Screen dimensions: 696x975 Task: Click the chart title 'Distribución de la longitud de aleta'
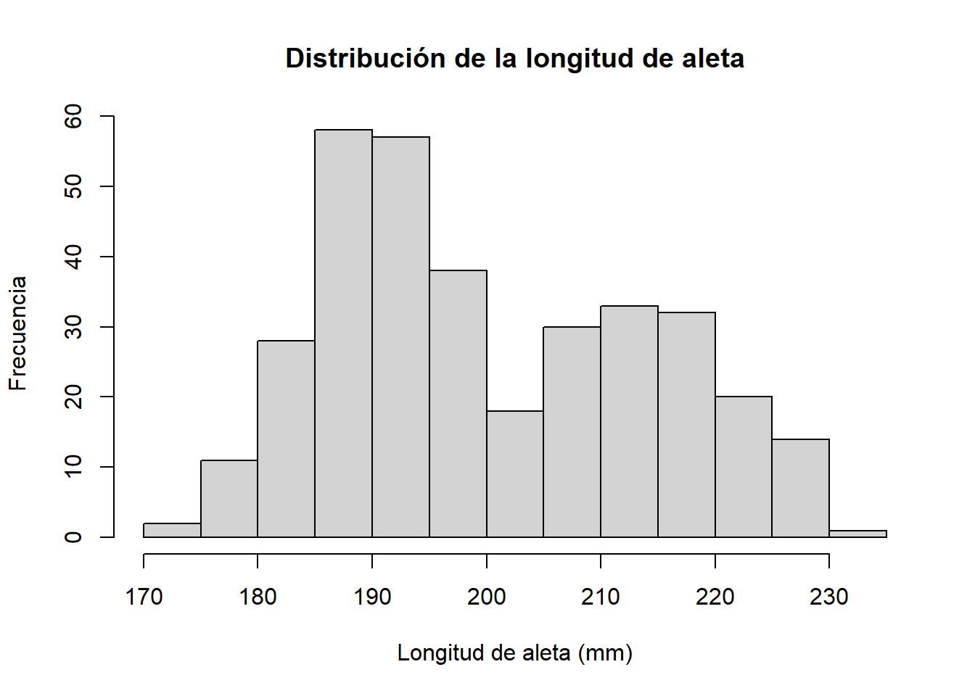point(514,59)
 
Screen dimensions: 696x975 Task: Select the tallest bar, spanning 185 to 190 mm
point(343,333)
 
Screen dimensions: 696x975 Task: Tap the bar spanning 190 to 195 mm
point(400,337)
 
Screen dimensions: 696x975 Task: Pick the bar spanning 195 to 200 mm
point(458,404)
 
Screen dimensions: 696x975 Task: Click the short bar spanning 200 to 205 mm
point(515,474)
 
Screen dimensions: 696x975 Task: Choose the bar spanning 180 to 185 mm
point(286,439)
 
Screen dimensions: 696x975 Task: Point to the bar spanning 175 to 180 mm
point(229,499)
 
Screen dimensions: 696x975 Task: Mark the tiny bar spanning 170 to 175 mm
point(172,530)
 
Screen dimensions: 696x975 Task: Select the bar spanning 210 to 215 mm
point(629,421)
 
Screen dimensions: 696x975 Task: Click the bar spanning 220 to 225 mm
point(744,467)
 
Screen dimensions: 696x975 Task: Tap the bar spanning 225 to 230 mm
point(800,488)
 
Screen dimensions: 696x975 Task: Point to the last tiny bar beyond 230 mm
point(857,534)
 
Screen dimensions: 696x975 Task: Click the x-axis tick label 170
point(144,597)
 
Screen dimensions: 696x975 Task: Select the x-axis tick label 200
point(486,597)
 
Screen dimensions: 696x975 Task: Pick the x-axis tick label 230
point(828,597)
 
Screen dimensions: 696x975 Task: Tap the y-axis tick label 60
point(73,116)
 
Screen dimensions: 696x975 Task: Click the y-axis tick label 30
point(73,327)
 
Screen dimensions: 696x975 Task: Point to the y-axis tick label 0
point(73,537)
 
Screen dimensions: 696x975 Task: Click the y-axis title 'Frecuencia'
point(17,333)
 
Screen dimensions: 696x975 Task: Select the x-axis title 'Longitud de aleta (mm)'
point(514,653)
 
